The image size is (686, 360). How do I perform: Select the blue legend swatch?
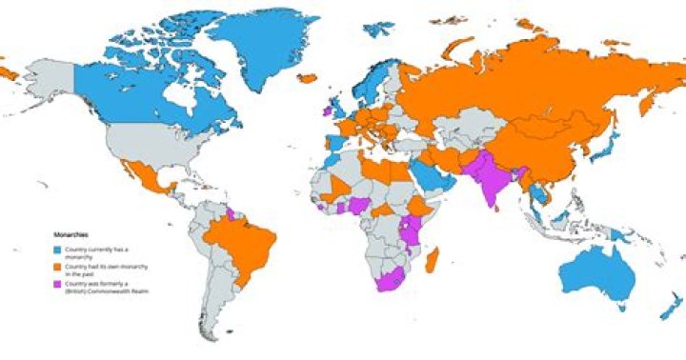pos(56,249)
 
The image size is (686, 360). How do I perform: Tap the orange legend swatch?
pos(56,267)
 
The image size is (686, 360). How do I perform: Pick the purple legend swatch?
pos(56,284)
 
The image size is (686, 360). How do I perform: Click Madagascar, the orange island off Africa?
pos(432,259)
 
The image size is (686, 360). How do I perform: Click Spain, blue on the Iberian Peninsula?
pos(333,143)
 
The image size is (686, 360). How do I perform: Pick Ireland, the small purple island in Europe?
pos(326,111)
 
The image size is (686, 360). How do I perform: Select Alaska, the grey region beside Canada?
pos(48,76)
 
